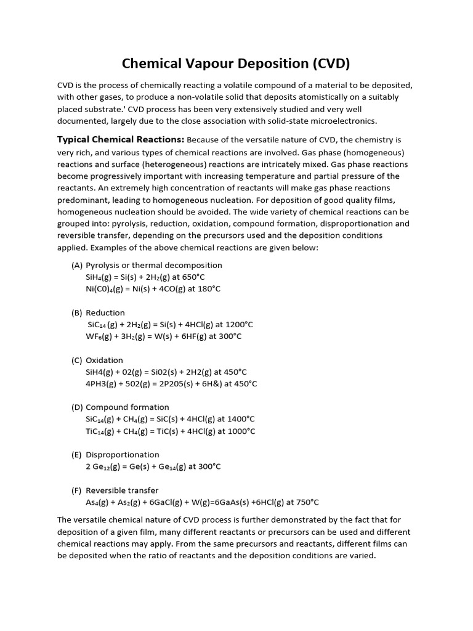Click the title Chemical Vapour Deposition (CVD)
coord(236,63)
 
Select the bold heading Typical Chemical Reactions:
coord(121,139)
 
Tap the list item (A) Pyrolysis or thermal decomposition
coord(147,265)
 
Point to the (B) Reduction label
coord(99,312)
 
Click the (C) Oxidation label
coord(97,360)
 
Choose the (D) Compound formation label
coord(120,407)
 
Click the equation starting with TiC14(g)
coord(170,431)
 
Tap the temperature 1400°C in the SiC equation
coord(241,419)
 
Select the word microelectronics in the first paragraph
coord(346,121)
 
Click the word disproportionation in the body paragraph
coord(344,224)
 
